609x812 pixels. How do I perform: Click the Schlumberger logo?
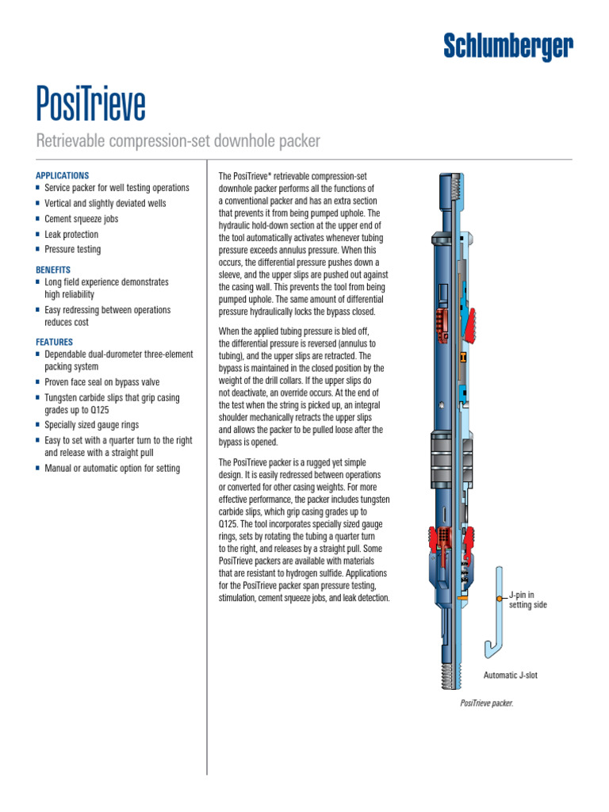(507, 47)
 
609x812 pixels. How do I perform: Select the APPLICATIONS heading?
(63, 175)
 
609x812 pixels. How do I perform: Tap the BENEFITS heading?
(53, 270)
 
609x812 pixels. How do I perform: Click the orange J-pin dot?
(500, 596)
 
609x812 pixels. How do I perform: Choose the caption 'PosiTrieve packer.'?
(487, 703)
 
